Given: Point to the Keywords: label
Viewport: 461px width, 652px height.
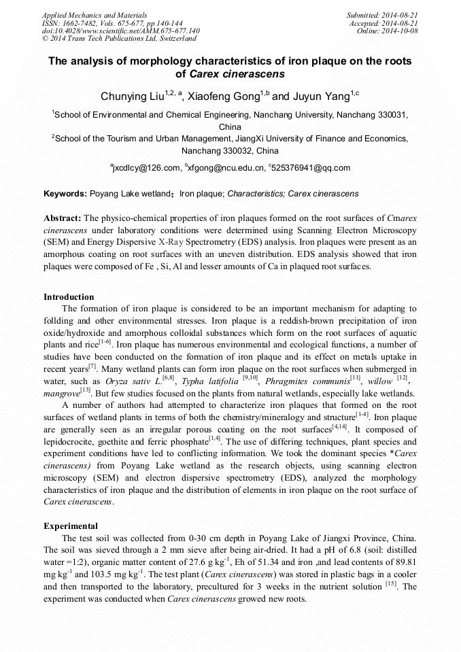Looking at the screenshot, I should (x=65, y=194).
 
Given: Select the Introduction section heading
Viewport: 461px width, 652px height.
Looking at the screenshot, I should (x=69, y=297).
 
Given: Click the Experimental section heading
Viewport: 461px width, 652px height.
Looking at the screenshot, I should (x=71, y=526).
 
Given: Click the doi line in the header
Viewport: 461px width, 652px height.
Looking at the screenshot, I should (x=121, y=31).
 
